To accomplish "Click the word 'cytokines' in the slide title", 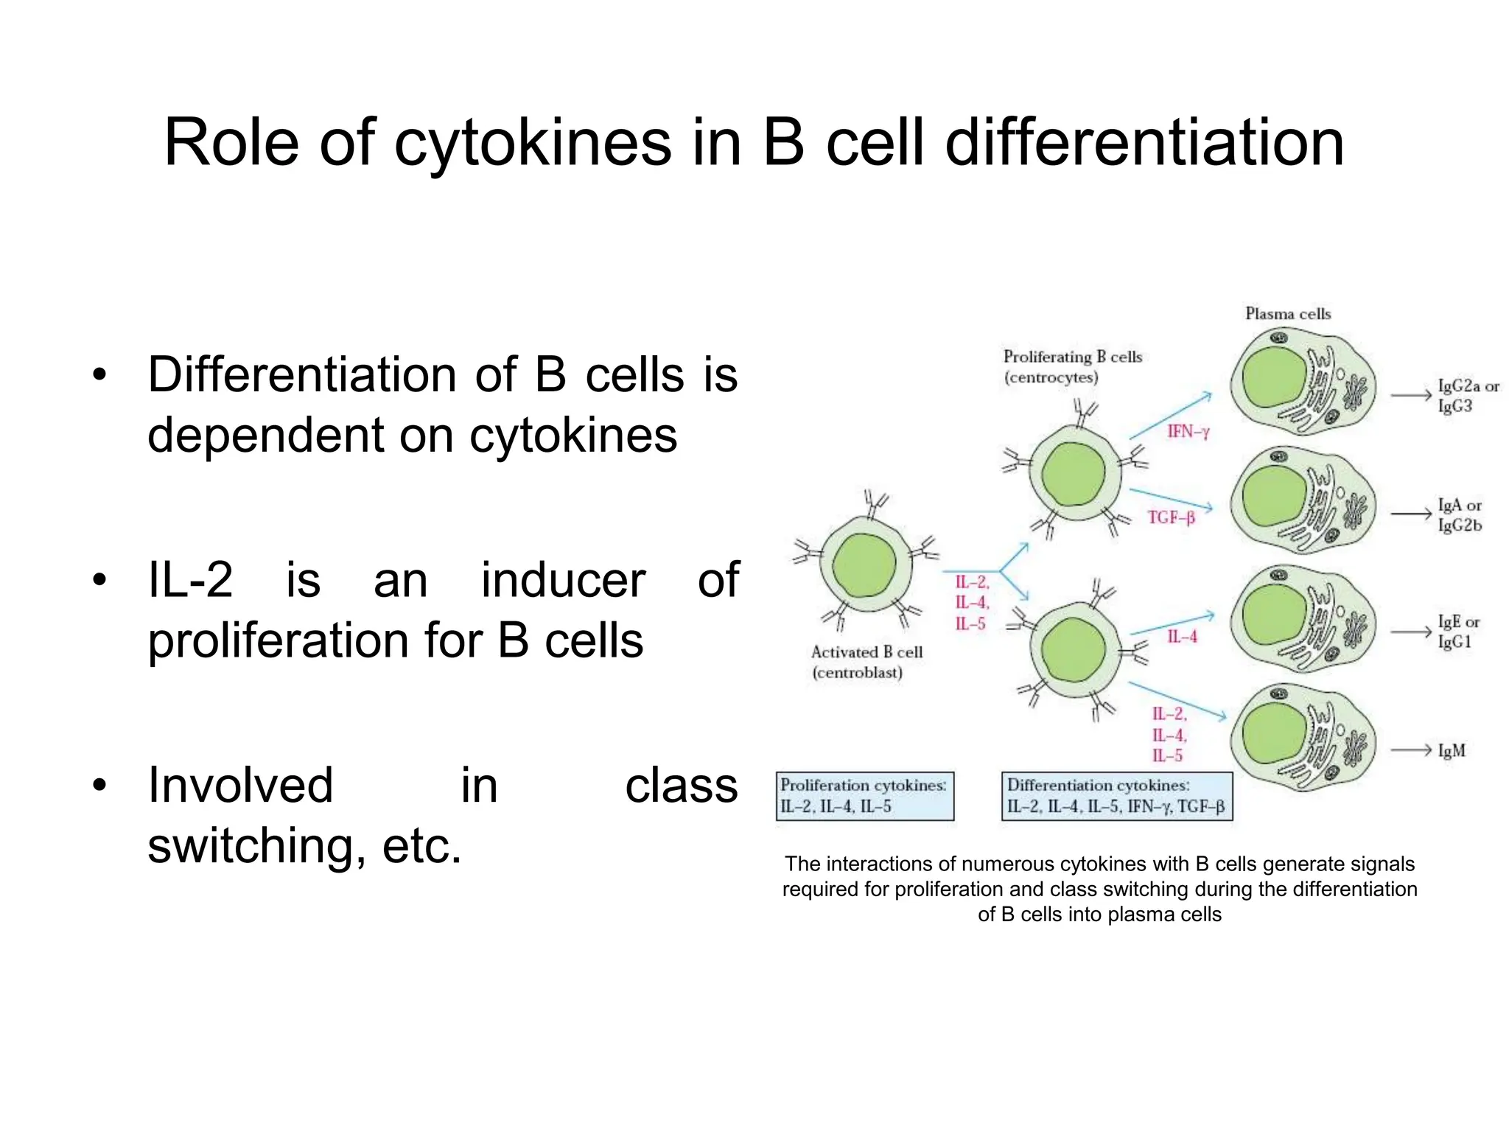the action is pos(532,143).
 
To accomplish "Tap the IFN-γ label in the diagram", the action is pos(1188,432).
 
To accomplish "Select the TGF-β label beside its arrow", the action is pos(1171,518).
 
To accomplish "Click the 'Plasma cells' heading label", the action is pos(1288,314).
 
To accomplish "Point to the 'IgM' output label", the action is pos(1452,751).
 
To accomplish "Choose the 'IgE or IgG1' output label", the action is pos(1458,632).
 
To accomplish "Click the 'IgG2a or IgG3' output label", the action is pos(1468,396).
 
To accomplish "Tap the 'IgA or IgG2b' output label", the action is pos(1460,515).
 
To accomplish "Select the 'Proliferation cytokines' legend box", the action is pos(865,796).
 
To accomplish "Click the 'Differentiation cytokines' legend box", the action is pos(1116,796).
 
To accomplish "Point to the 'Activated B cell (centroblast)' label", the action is pos(866,662).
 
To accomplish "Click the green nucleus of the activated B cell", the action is pos(864,565).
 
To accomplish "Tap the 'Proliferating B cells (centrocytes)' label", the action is pos(1072,366).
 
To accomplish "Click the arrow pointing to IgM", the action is pos(1411,750).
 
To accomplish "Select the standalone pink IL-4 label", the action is pos(1182,637).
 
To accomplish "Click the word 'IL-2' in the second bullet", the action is pos(190,580).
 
